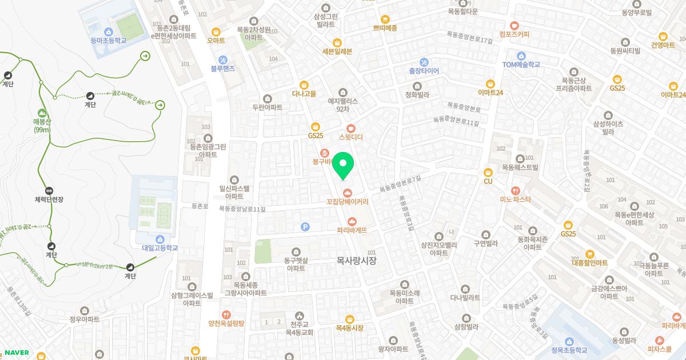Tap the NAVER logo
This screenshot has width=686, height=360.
17,353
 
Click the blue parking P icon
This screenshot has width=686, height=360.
305,227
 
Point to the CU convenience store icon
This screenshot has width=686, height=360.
488,172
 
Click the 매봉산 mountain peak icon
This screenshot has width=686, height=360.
42,113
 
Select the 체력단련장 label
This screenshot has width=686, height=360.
49,199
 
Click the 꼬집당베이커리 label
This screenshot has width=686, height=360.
347,202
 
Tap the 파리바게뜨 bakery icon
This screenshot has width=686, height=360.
352,221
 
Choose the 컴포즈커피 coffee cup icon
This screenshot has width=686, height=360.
514,25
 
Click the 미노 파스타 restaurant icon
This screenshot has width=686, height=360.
515,190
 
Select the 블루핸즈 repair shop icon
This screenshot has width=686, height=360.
223,59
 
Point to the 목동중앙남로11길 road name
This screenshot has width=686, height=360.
242,209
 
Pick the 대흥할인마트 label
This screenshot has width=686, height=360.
590,263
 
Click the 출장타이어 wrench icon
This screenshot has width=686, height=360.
424,62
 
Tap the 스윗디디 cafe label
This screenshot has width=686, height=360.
351,137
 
